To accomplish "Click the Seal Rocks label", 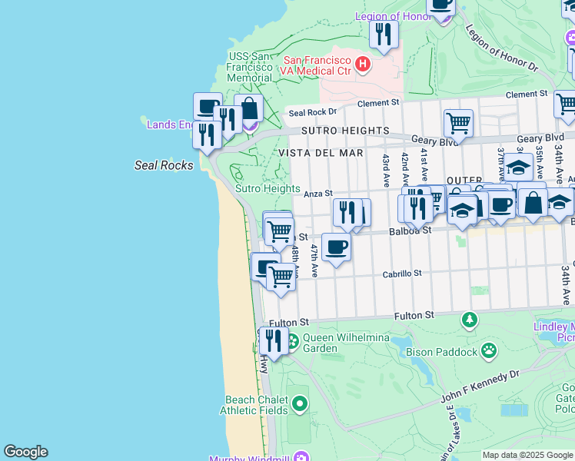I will click(164, 164).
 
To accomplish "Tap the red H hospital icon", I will click(362, 65).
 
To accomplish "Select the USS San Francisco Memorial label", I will click(249, 68).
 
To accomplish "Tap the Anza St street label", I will click(317, 194).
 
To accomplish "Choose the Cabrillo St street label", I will click(403, 273).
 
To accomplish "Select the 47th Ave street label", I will click(314, 261).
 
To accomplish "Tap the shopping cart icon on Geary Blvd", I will click(458, 121).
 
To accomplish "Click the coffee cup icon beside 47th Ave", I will click(336, 247).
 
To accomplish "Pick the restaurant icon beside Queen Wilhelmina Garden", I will click(273, 340).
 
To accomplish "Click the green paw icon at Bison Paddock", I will click(489, 351).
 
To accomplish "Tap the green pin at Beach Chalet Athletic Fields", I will click(299, 403).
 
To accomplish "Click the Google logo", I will click(25, 452).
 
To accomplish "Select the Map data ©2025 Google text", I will click(527, 455).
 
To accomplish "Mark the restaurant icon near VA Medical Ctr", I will click(383, 33).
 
